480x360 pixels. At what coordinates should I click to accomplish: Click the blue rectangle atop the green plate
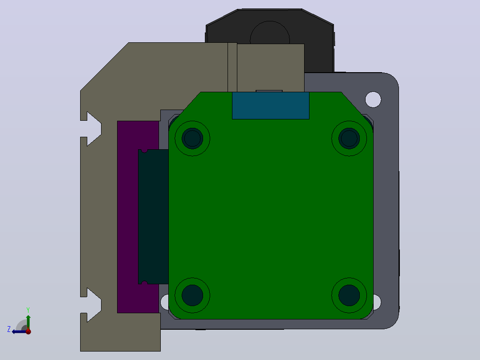[271, 106]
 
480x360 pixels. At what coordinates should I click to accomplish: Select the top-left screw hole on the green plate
[192, 138]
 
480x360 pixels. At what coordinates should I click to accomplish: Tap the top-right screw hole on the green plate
[349, 138]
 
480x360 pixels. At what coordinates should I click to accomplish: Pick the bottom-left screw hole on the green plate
[192, 295]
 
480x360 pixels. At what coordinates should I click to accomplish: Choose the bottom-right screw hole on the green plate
[349, 295]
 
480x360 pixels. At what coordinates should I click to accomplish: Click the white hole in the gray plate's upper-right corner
[373, 99]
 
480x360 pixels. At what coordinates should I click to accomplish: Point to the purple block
[128, 217]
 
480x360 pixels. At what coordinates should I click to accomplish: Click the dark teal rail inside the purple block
[153, 217]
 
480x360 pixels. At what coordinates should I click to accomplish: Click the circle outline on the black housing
[270, 21]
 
